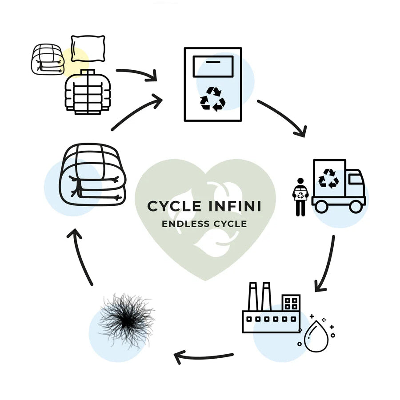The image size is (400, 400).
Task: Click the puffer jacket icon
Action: [x=87, y=92]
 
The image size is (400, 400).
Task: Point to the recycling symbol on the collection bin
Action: [x=212, y=98]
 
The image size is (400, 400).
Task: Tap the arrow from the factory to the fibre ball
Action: [x=204, y=356]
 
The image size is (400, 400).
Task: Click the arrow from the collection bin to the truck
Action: [x=284, y=117]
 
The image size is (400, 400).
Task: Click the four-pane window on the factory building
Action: [x=291, y=304]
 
